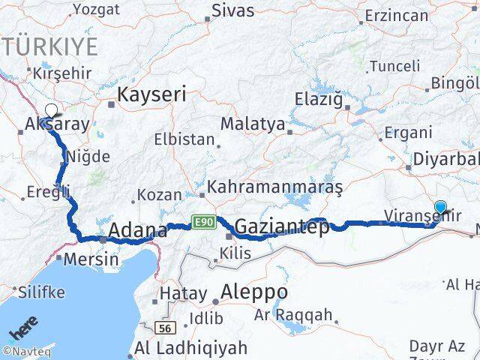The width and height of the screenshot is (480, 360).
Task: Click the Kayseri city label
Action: pyautogui.click(x=151, y=94)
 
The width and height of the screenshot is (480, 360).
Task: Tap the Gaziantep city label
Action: pyautogui.click(x=283, y=226)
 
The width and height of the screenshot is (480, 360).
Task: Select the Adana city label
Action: pyautogui.click(x=137, y=230)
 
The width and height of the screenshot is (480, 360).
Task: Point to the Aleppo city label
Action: pyautogui.click(x=254, y=291)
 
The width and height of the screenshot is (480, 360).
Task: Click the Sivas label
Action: pyautogui.click(x=232, y=10)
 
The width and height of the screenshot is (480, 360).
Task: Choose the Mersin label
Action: pyautogui.click(x=91, y=259)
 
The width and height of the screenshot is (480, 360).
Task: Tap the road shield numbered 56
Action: pyautogui.click(x=164, y=328)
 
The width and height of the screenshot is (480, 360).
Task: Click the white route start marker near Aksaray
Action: pyautogui.click(x=51, y=111)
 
